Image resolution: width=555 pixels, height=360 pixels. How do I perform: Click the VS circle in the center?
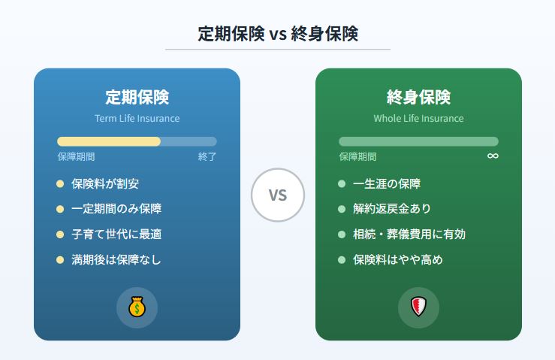pyautogui.click(x=277, y=195)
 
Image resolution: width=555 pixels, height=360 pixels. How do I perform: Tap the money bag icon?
pyautogui.click(x=137, y=307)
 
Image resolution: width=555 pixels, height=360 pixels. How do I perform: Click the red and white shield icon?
pyautogui.click(x=418, y=307)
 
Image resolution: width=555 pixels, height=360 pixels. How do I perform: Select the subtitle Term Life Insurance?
pyautogui.click(x=137, y=118)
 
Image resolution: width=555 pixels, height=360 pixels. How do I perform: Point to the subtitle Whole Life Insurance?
pyautogui.click(x=418, y=118)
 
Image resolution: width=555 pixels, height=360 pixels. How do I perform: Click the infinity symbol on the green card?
pyautogui.click(x=492, y=156)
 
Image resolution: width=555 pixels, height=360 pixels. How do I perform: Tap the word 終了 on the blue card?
pyautogui.click(x=207, y=156)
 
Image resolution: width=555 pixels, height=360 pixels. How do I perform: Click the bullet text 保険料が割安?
pyautogui.click(x=105, y=183)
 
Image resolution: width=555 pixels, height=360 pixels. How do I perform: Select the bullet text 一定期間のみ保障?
pyautogui.click(x=116, y=209)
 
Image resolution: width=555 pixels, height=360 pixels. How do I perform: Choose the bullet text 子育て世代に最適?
pyautogui.click(x=116, y=234)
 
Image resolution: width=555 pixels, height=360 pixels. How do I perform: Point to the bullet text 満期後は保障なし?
pyautogui.click(x=116, y=260)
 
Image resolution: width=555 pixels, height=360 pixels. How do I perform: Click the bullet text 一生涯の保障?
pyautogui.click(x=387, y=183)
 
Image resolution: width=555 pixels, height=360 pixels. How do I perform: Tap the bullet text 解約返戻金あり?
pyautogui.click(x=392, y=209)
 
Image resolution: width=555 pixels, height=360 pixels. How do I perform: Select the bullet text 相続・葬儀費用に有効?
pyautogui.click(x=409, y=234)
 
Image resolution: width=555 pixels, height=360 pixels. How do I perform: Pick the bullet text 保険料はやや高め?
pyautogui.click(x=398, y=260)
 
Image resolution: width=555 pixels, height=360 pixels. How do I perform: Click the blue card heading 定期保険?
pyautogui.click(x=137, y=97)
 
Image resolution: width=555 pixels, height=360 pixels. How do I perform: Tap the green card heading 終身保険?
pyautogui.click(x=418, y=97)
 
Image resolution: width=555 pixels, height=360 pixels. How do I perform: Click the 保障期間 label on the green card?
pyautogui.click(x=357, y=156)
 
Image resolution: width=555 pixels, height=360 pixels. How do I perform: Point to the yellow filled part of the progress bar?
pyautogui.click(x=109, y=141)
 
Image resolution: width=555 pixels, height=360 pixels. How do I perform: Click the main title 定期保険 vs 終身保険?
pyautogui.click(x=277, y=34)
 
